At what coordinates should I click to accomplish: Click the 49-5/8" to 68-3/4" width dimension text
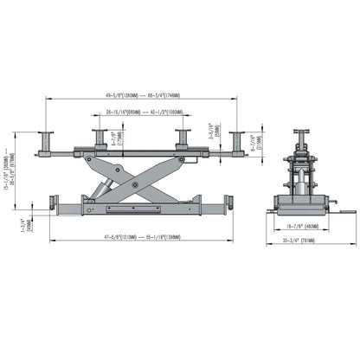pos(139,96)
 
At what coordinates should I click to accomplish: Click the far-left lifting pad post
pos(45,140)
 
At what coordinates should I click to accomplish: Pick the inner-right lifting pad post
pos(182,138)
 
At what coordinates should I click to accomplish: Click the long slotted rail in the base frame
pos(135,209)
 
